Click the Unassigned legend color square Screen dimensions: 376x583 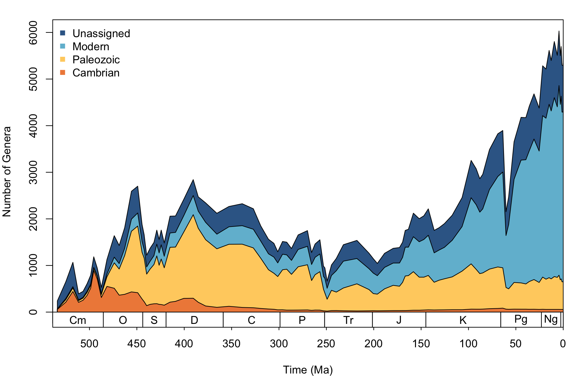point(63,33)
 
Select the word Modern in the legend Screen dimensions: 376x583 point(91,46)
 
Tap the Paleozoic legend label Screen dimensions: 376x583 point(96,60)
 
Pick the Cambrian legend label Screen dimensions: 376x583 point(96,73)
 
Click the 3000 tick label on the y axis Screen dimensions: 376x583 point(33,172)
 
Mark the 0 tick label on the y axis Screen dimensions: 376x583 point(33,312)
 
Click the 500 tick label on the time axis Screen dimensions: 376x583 point(90,344)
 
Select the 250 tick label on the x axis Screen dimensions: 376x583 point(326,344)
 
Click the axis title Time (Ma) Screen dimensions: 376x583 point(308,370)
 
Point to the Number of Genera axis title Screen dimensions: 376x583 point(7,172)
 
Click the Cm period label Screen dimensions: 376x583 point(78,320)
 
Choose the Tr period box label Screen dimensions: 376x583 point(348,320)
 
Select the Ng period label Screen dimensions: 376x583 point(551,319)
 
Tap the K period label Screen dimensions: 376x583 point(463,320)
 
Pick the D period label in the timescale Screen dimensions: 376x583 point(194,320)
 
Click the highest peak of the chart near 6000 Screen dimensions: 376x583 point(559,31)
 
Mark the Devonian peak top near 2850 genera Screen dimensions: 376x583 point(193,180)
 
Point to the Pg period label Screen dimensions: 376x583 point(521,319)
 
